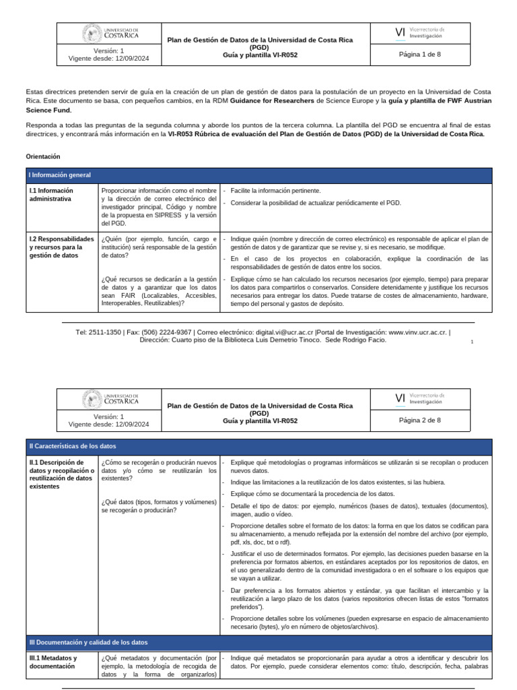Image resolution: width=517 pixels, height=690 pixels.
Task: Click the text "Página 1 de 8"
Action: tap(419, 54)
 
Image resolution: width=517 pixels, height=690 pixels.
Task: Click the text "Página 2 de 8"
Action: tap(419, 420)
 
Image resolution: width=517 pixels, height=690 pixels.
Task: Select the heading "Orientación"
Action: tap(43, 156)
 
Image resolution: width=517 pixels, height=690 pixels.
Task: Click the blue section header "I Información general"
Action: tap(59, 175)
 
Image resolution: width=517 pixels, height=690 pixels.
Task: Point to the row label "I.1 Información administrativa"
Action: tap(51, 195)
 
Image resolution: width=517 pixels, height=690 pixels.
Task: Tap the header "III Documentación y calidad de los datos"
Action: tap(88, 642)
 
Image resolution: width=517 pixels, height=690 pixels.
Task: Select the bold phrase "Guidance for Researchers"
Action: tap(273, 100)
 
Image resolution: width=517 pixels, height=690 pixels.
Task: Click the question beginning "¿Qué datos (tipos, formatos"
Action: tap(159, 505)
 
